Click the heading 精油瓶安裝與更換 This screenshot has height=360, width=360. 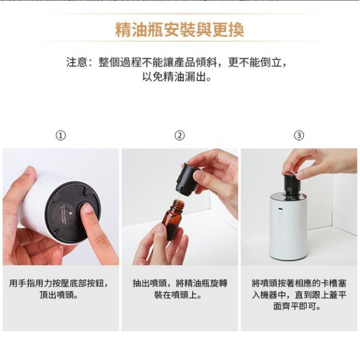coord(180,30)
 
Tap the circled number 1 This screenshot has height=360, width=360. coord(61,135)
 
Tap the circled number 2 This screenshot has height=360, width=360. coord(180,135)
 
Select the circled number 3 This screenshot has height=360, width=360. coord(299,135)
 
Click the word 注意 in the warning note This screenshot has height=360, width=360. coord(77,62)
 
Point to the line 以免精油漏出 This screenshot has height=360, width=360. coord(177,77)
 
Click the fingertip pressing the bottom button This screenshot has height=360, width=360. coord(87,208)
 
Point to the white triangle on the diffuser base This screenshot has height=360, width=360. coord(70,213)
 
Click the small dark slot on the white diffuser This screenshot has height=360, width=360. coord(280,209)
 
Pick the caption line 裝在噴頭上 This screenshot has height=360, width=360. coord(178,295)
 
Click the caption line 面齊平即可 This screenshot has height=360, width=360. coord(297,306)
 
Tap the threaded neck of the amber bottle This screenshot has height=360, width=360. coord(178,204)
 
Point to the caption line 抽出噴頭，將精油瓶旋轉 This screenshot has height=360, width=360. coord(180,283)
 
